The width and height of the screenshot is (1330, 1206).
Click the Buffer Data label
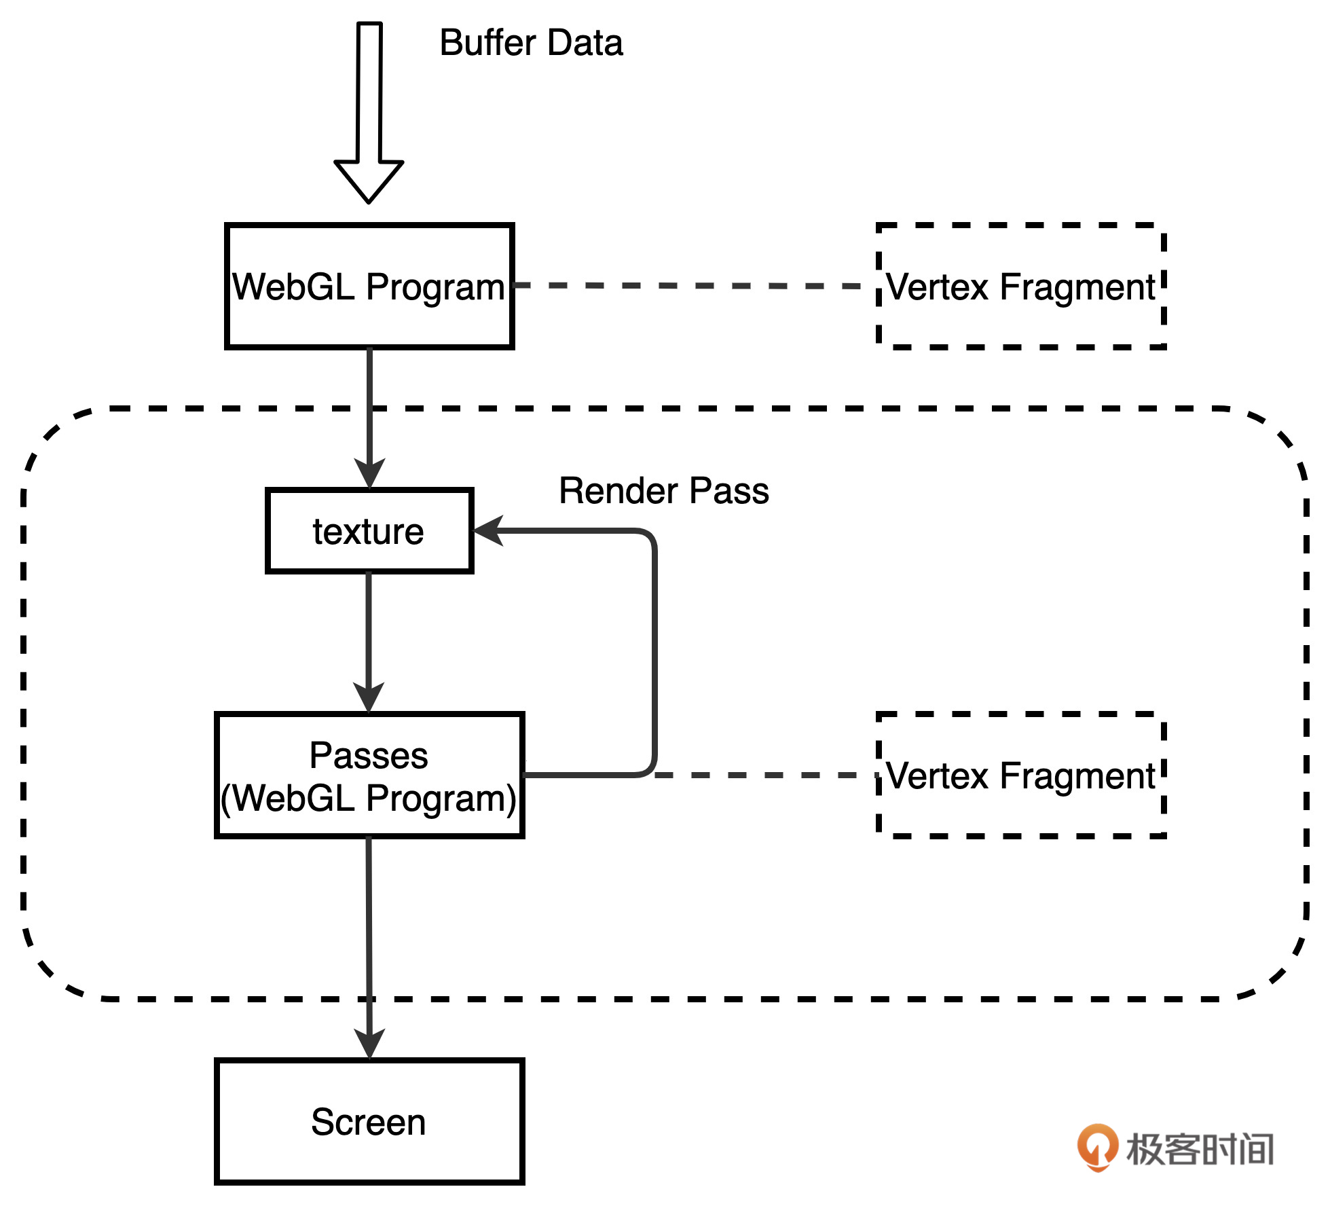pos(531,43)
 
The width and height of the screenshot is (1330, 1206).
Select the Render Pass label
pos(663,490)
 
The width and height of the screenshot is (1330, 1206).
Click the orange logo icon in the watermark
pos(1097,1147)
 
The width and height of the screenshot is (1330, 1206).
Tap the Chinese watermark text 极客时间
pos(1200,1149)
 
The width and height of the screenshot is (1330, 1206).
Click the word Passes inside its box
pos(369,755)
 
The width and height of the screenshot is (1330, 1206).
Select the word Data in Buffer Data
pos(585,43)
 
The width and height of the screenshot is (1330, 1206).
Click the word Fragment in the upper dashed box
pos(1077,287)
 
